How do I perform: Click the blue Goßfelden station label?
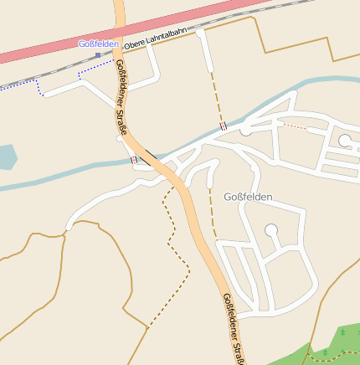99,44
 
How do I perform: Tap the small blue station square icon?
98,55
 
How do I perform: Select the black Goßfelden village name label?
249,197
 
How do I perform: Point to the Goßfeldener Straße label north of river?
121,98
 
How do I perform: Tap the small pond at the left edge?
5,157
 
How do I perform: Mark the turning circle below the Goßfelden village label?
271,229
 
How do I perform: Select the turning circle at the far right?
345,140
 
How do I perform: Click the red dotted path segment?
294,126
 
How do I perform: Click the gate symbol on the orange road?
134,159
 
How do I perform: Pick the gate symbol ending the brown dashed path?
223,126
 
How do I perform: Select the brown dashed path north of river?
214,96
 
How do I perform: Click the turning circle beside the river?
245,131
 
